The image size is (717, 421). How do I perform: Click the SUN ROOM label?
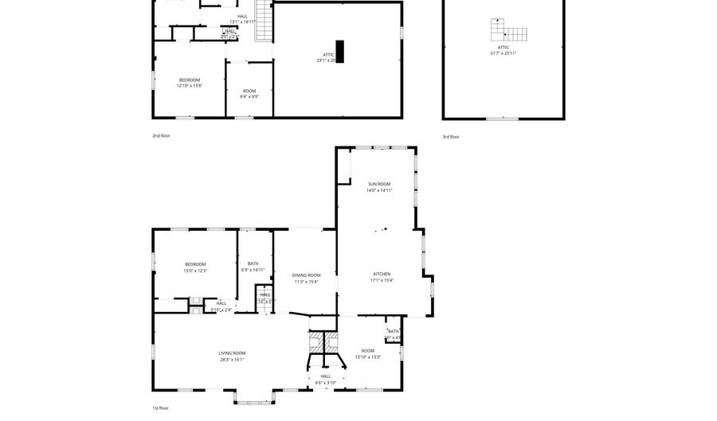(x=379, y=184)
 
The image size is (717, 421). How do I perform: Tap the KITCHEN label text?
(x=382, y=274)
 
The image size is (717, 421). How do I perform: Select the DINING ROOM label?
(x=306, y=275)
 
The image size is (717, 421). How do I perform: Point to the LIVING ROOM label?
(x=232, y=353)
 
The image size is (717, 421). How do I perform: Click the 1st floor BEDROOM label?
(x=195, y=264)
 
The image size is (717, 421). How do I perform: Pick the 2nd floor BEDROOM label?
(x=190, y=80)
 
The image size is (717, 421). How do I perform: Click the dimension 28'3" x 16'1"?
(x=232, y=360)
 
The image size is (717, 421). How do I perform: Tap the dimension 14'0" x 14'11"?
(x=379, y=191)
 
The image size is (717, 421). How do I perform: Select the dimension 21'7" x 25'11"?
(x=503, y=53)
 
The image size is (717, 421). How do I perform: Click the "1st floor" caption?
(x=161, y=407)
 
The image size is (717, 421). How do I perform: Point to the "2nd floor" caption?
(x=161, y=136)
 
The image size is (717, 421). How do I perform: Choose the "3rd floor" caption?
(x=451, y=137)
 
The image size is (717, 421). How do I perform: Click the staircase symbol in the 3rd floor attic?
(x=507, y=32)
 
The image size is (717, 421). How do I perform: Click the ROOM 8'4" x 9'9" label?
(x=249, y=91)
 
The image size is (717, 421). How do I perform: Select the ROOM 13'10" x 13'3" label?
(x=367, y=350)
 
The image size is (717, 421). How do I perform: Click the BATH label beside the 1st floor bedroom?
(x=253, y=263)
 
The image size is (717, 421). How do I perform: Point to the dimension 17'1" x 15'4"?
(x=382, y=280)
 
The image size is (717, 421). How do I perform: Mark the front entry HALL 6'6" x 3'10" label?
(x=325, y=376)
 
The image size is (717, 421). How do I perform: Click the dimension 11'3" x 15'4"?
(x=306, y=281)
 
